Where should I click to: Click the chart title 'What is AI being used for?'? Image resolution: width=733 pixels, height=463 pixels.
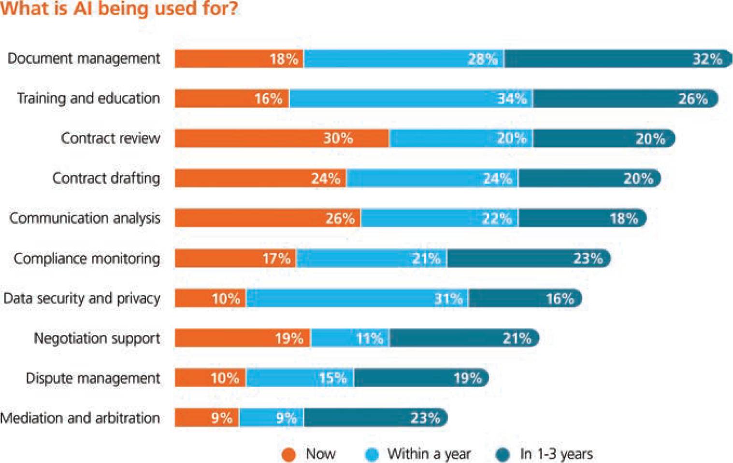click(x=119, y=9)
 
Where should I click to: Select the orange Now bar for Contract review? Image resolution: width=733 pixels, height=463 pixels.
click(x=282, y=138)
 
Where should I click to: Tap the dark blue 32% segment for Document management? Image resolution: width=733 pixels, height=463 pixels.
click(x=618, y=59)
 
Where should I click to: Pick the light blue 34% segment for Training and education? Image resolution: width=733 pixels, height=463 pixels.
click(x=411, y=99)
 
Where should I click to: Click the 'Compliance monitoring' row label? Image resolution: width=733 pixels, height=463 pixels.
click(x=87, y=259)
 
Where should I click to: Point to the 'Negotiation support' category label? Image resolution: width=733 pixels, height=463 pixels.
click(x=97, y=338)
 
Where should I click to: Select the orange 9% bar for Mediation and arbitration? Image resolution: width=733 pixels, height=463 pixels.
click(x=207, y=418)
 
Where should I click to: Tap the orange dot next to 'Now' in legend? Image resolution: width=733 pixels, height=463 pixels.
click(x=288, y=455)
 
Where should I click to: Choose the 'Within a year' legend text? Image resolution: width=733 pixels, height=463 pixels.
click(x=429, y=454)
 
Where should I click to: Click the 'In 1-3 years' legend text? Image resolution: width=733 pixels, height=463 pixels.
click(x=556, y=454)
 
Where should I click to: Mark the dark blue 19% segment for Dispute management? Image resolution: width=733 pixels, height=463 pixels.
click(x=420, y=378)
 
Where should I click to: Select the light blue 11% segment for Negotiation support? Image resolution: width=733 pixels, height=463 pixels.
click(x=350, y=338)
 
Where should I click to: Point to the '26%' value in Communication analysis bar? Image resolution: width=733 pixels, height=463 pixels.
click(x=340, y=218)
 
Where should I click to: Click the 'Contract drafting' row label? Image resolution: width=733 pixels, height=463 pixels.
click(x=106, y=178)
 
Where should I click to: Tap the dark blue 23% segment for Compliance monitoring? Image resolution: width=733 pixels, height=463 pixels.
click(x=528, y=259)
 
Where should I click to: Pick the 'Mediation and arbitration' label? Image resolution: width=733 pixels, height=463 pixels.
click(x=80, y=418)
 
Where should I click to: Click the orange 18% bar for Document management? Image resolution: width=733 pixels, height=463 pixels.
click(x=239, y=59)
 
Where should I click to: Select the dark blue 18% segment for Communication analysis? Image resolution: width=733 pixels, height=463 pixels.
click(x=582, y=218)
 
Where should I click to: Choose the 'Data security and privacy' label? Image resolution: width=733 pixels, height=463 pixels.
click(x=82, y=298)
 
